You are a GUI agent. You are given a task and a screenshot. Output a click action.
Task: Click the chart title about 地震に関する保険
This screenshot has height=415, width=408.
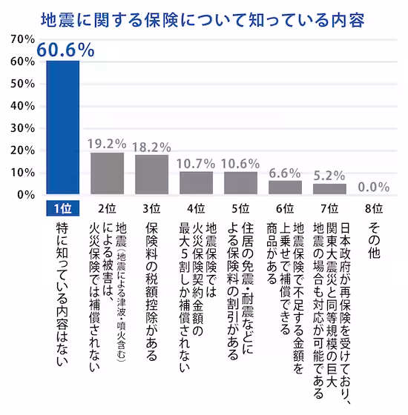coord(204,17)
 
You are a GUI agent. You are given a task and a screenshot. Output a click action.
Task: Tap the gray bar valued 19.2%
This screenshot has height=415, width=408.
coord(108,173)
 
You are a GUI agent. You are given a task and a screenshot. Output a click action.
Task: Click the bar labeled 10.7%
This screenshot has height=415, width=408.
coord(197,183)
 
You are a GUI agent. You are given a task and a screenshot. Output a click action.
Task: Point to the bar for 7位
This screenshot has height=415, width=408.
coord(329,189)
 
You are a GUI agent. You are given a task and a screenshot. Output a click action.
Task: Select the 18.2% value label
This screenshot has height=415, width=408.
coord(152,147)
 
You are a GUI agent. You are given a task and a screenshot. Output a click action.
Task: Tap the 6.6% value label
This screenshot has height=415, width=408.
coord(285,172)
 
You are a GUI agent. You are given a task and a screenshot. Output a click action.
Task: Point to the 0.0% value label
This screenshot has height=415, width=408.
coord(375,187)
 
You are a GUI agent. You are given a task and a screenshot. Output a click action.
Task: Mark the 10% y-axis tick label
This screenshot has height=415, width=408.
coord(22,173)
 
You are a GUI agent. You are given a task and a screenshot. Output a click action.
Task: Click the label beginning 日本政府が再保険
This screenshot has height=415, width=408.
coord(329,293)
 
